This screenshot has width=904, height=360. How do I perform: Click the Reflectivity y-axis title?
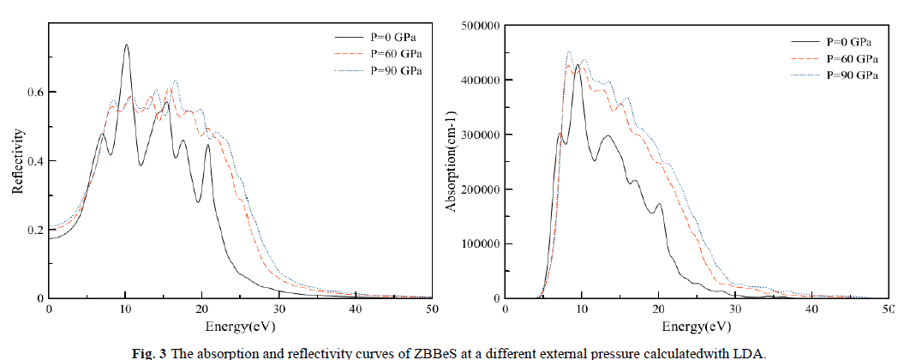(17, 161)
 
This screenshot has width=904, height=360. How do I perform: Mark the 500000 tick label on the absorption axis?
(479, 26)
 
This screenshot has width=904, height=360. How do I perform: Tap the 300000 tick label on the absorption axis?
(479, 135)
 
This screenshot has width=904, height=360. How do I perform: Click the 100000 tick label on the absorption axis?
(479, 244)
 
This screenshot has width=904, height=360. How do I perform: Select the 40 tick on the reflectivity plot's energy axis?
(355, 309)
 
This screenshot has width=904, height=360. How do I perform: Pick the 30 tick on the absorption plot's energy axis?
(734, 309)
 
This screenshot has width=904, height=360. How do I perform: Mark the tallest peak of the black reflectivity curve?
(126, 45)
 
